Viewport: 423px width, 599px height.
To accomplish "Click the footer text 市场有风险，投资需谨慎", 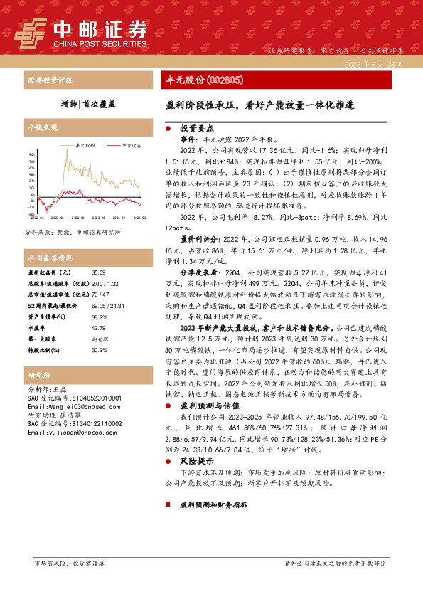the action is click(70, 563).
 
